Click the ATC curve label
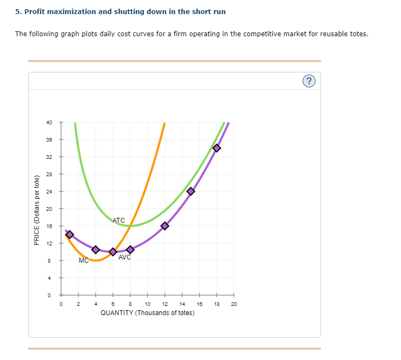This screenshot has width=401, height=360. point(119,220)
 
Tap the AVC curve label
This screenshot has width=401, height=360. point(125,257)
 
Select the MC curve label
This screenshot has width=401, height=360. point(83,261)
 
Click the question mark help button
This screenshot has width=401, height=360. point(309,81)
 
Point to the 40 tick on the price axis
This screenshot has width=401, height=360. point(49,122)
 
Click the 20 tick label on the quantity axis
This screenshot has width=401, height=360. point(234,304)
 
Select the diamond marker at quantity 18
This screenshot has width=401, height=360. point(217,148)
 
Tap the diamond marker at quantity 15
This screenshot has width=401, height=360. point(191,191)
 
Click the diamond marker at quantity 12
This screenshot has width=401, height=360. point(165,226)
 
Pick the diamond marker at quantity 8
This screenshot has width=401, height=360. point(130,249)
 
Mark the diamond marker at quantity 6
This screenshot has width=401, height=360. point(113,252)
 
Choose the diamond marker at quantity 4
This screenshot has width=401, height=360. point(96,249)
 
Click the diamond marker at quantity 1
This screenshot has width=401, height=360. point(70,234)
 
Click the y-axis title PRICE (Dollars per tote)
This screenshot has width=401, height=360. point(37,210)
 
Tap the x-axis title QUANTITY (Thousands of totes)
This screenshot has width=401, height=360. point(148,313)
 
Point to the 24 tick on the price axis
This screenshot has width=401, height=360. point(49,191)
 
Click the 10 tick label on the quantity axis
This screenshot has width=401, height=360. point(148,304)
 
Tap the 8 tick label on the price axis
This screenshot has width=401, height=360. point(49,261)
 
